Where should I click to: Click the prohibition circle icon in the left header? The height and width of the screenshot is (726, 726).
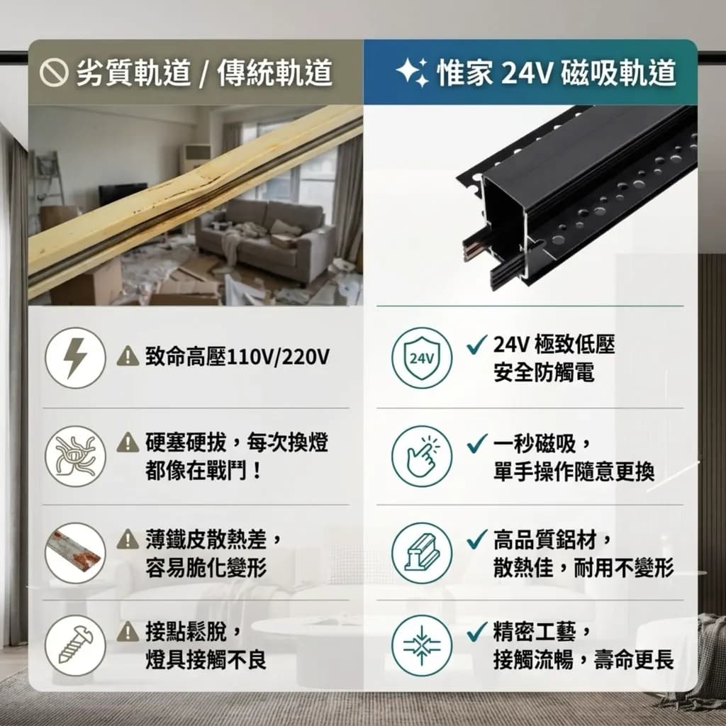(x=54, y=73)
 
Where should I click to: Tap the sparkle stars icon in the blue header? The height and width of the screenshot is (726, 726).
(x=413, y=73)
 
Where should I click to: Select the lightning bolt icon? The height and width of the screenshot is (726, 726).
(x=75, y=358)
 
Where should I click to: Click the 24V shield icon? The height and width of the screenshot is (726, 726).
(x=421, y=358)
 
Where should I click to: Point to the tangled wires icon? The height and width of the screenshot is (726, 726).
(x=75, y=456)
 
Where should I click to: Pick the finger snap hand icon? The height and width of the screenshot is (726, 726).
(x=421, y=456)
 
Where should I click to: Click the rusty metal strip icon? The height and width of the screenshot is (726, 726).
(x=75, y=553)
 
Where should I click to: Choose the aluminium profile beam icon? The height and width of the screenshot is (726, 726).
(x=421, y=553)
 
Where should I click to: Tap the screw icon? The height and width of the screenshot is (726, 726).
(x=75, y=645)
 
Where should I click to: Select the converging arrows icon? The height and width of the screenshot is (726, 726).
(x=421, y=645)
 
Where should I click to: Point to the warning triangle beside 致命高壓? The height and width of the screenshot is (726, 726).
(x=128, y=357)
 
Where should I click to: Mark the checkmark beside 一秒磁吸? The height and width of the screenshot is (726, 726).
(x=477, y=443)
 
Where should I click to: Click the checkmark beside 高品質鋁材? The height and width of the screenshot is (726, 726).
(x=477, y=540)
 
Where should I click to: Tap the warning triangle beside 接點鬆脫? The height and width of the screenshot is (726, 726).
(x=128, y=632)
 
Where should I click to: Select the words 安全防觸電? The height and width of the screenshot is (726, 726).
(x=544, y=372)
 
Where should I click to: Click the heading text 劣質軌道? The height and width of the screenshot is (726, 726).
(x=133, y=73)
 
